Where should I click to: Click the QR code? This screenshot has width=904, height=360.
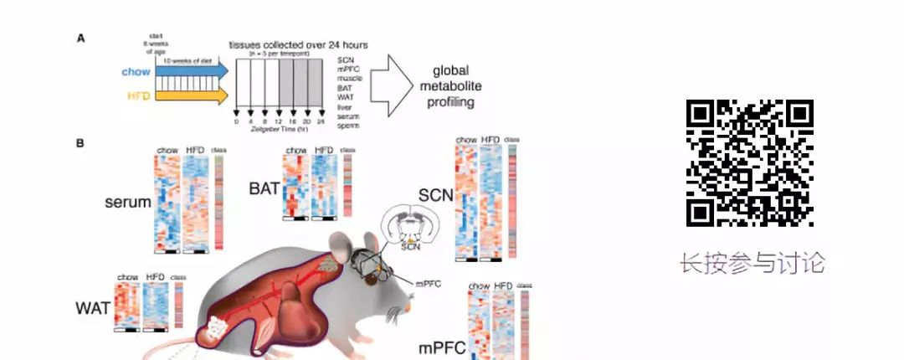pyautogui.click(x=750, y=162)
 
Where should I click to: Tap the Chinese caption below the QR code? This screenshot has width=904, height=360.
pyautogui.click(x=752, y=263)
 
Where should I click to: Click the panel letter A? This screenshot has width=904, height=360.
pyautogui.click(x=80, y=38)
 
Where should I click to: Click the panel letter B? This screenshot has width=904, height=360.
pyautogui.click(x=80, y=143)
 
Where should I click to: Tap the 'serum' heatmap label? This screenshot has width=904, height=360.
pyautogui.click(x=127, y=202)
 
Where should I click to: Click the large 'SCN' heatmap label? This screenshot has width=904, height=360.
pyautogui.click(x=435, y=196)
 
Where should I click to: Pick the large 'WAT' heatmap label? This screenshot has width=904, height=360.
pyautogui.click(x=93, y=307)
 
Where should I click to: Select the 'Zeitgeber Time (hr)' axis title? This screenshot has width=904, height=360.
pyautogui.click(x=280, y=132)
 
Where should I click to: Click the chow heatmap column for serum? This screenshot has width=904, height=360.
pyautogui.click(x=167, y=201)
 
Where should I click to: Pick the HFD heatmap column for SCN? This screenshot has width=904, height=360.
pyautogui.click(x=491, y=201)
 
